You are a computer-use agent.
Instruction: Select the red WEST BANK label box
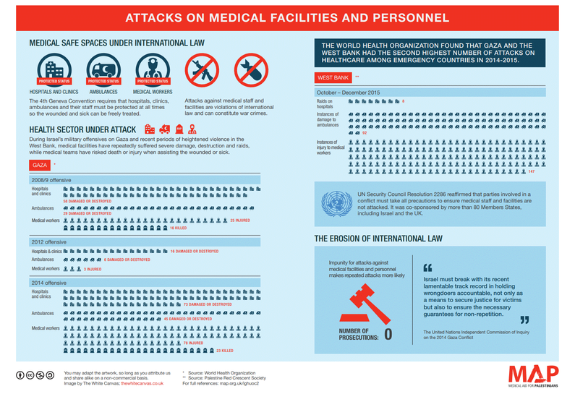[333, 77]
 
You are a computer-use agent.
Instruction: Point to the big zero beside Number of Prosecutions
[388, 334]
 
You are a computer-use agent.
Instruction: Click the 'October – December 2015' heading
[348, 93]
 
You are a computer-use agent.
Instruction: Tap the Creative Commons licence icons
[35, 375]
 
